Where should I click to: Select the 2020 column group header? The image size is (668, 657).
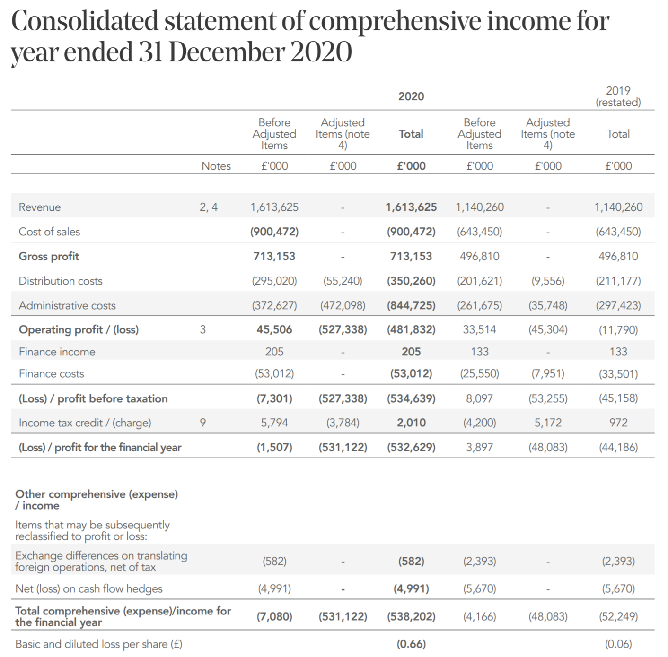pos(411,96)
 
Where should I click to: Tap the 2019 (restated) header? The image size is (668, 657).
pos(618,96)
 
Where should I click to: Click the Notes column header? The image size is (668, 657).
pos(216,166)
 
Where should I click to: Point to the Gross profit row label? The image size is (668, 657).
pos(49,256)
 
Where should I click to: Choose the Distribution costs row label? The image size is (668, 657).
pos(60,281)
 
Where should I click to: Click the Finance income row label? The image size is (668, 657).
pos(57,352)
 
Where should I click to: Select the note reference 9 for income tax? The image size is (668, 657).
pos(203,423)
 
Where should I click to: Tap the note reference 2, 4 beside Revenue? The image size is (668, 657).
pos(209,207)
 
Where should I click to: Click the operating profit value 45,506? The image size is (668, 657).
pos(274,329)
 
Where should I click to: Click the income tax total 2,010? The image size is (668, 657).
pos(411,423)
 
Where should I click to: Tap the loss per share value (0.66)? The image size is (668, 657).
pos(411,644)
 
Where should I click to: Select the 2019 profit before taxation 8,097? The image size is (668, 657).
pos(479,398)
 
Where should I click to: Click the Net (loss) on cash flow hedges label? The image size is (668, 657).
pos(88,588)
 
